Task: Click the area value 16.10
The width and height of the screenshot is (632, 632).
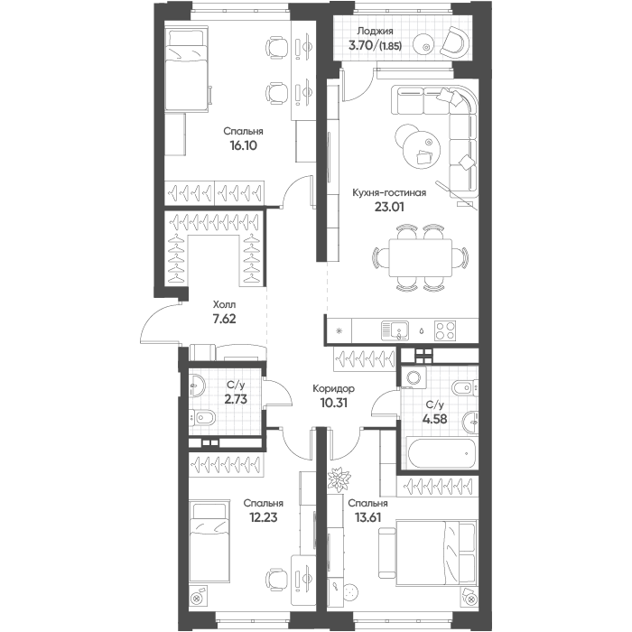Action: pyautogui.click(x=243, y=145)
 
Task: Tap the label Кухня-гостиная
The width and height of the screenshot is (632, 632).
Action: pyautogui.click(x=389, y=192)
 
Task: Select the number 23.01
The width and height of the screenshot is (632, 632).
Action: pyautogui.click(x=389, y=207)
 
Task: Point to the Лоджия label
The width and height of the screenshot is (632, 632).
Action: pyautogui.click(x=375, y=31)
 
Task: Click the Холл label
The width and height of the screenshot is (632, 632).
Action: pyautogui.click(x=224, y=304)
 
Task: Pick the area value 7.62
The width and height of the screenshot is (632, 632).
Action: pyautogui.click(x=224, y=319)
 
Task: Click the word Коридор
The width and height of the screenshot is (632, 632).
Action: pyautogui.click(x=334, y=388)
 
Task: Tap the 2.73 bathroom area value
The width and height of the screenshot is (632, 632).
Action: pyautogui.click(x=236, y=399)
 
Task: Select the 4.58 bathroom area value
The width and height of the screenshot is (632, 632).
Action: pyautogui.click(x=435, y=419)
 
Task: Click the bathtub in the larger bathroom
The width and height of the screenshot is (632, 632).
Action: pyautogui.click(x=442, y=453)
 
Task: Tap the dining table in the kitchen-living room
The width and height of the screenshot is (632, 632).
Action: pyautogui.click(x=421, y=257)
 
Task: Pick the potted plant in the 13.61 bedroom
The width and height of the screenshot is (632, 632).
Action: pyautogui.click(x=339, y=479)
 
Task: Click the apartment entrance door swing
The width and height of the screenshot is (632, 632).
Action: pyautogui.click(x=161, y=322)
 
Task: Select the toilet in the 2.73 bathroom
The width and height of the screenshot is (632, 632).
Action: pyautogui.click(x=201, y=417)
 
